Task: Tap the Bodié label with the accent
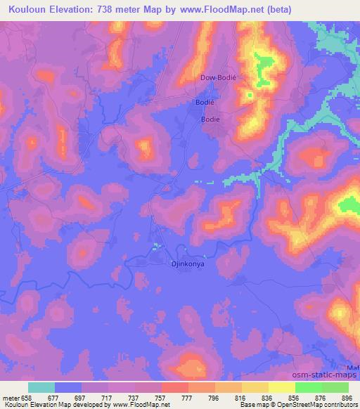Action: (204, 104)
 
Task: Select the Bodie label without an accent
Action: (211, 119)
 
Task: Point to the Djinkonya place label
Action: (169, 266)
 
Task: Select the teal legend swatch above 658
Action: (41, 387)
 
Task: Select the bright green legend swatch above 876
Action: (309, 387)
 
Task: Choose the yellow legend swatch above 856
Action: (282, 387)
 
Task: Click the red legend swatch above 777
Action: (175, 387)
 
